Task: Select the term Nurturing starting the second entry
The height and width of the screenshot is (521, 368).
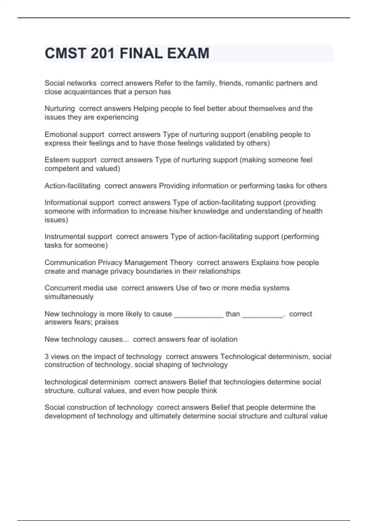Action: point(60,108)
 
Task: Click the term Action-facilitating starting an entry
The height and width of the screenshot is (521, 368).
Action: point(72,186)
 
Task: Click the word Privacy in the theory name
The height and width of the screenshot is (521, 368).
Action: point(110,263)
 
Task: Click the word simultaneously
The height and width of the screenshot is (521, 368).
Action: point(69,297)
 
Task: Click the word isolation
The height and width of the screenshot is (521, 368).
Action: point(224,339)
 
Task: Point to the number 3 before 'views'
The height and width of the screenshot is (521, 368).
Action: point(47,357)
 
